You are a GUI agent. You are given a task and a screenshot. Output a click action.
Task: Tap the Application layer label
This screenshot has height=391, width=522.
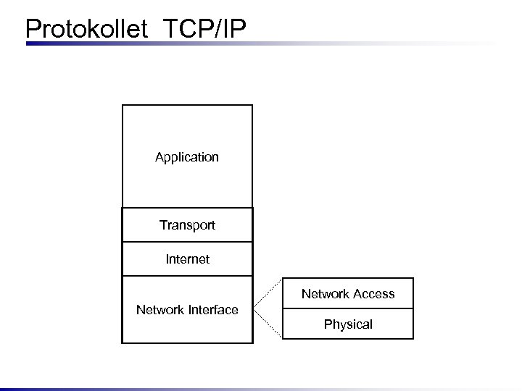[x=187, y=157]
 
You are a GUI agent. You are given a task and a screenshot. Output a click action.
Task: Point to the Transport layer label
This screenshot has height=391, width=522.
[x=187, y=225]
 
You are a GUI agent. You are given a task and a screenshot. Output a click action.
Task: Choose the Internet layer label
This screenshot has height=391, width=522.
[x=187, y=258]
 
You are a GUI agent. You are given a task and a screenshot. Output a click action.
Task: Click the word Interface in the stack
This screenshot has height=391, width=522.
[x=213, y=310]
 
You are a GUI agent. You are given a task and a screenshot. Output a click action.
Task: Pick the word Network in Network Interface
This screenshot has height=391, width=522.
[x=161, y=310]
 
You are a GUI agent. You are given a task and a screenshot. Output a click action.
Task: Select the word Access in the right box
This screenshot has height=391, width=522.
[x=374, y=294]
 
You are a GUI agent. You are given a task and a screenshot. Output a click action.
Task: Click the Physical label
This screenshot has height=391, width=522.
[x=348, y=324]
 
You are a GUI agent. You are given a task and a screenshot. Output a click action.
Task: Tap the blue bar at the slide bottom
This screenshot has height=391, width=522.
[x=261, y=389]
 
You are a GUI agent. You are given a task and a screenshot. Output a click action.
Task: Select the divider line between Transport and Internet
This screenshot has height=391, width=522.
[x=187, y=242]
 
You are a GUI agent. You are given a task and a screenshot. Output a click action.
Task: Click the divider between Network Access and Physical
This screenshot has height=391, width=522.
[x=348, y=308]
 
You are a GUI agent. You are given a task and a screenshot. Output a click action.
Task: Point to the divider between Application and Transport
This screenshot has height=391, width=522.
[x=187, y=208]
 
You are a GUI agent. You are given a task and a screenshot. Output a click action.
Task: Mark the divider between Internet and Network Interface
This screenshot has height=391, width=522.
[x=187, y=276]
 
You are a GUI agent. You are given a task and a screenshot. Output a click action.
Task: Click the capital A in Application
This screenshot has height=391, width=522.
[x=159, y=157]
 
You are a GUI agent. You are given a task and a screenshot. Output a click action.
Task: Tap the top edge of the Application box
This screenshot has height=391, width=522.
[x=187, y=105]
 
